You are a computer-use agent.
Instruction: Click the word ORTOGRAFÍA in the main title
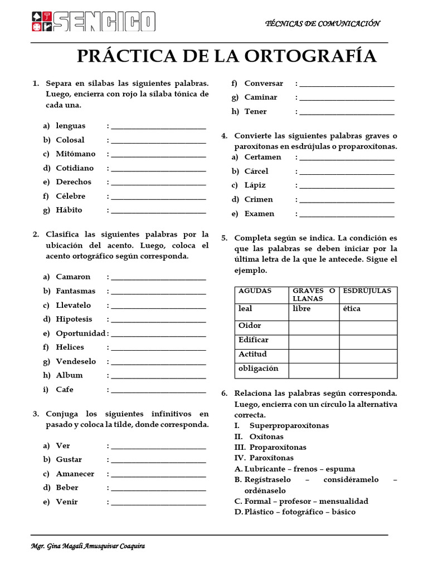(312, 56)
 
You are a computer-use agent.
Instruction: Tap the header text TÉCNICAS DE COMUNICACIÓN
(323, 23)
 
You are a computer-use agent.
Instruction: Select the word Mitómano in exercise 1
(76, 154)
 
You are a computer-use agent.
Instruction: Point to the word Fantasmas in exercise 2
(76, 291)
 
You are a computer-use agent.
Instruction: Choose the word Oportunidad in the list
(81, 333)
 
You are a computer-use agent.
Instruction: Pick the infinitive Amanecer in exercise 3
(75, 474)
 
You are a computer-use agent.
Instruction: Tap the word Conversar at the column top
(264, 83)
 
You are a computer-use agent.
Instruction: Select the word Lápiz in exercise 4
(255, 185)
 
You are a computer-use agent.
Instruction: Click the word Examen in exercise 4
(259, 214)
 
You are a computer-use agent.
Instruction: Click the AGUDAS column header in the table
(255, 291)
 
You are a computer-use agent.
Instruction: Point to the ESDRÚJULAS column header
(367, 291)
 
